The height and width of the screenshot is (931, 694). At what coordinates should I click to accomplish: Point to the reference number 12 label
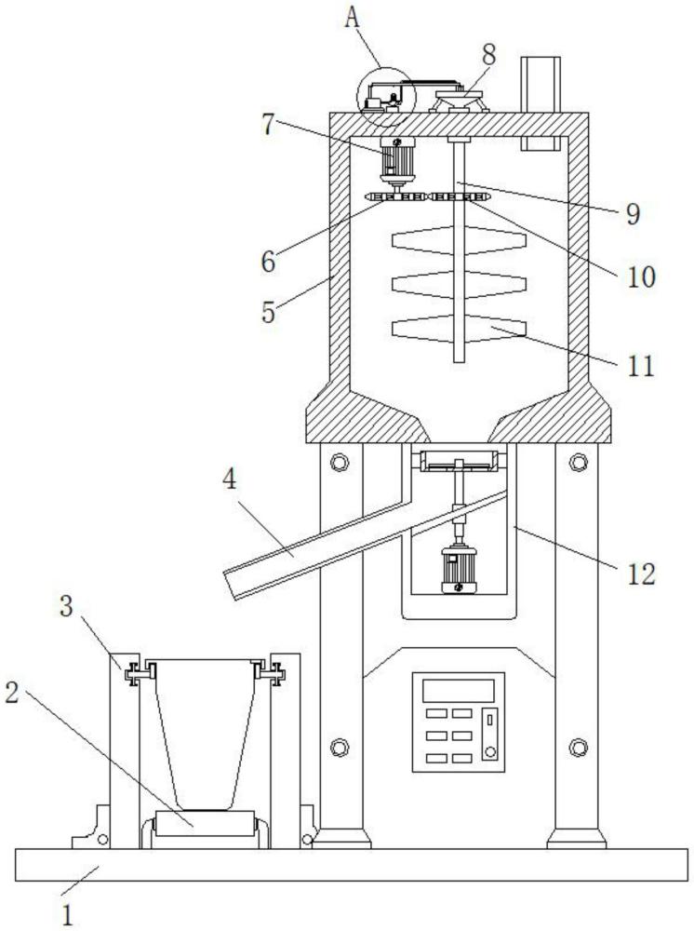[x=641, y=572]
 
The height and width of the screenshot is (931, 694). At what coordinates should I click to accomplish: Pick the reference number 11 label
[x=641, y=364]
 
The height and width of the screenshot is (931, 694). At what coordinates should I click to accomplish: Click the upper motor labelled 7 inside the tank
[x=398, y=163]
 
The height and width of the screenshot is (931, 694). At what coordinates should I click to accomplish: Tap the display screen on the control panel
[x=458, y=690]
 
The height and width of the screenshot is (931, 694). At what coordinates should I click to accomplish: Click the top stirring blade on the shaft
[x=458, y=239]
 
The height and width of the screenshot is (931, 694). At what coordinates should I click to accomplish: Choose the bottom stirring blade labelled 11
[x=458, y=329]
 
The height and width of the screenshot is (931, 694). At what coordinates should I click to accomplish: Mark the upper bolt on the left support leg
[x=339, y=462]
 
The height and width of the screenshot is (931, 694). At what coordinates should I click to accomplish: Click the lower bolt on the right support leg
[x=578, y=746]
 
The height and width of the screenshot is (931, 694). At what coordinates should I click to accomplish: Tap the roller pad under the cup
[x=206, y=826]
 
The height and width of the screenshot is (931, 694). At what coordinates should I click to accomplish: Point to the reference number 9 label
[x=633, y=214]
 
